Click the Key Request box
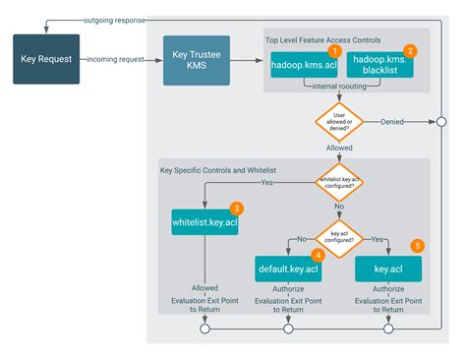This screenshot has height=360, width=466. click(x=45, y=58)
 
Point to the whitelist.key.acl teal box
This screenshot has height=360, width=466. click(x=204, y=223)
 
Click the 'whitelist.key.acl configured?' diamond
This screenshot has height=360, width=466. click(x=338, y=182)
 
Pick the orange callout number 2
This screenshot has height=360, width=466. click(x=411, y=49)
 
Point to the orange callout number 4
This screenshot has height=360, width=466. click(x=319, y=254)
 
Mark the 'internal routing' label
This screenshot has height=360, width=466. click(x=339, y=88)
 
